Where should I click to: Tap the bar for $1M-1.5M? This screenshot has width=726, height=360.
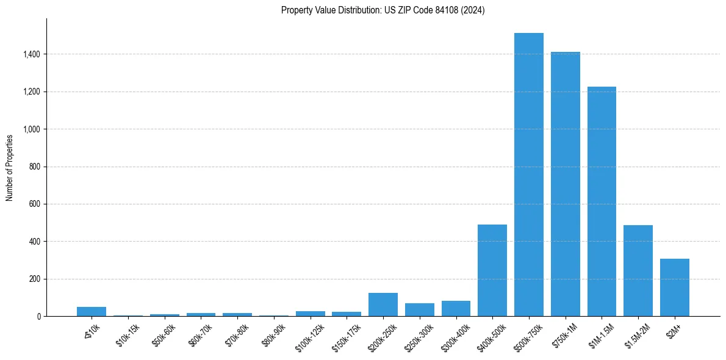602,201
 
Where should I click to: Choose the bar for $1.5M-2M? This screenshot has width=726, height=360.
638,271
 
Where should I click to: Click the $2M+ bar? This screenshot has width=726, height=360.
674,287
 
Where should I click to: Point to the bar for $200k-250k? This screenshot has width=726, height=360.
383,304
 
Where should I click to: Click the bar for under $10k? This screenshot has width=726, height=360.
92,312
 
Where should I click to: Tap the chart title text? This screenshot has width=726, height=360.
383,10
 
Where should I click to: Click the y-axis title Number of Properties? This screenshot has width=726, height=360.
10,167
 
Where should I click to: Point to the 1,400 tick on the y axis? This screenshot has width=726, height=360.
32,54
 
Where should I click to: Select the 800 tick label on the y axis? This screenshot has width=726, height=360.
35,167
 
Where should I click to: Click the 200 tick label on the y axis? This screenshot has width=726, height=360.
35,279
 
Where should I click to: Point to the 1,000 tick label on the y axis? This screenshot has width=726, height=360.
32,129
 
